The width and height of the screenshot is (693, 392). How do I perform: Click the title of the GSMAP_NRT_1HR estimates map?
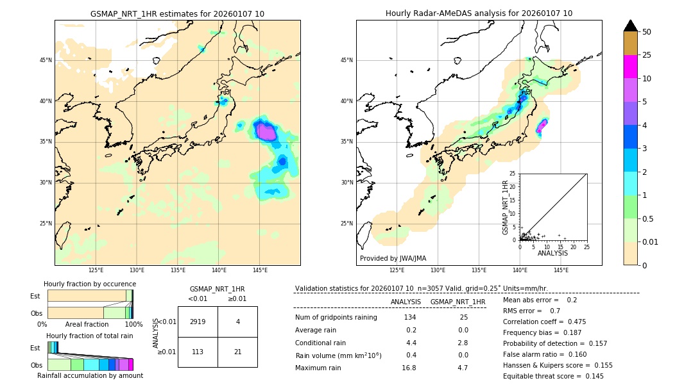[177, 13]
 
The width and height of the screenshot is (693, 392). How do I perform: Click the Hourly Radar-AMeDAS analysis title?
[479, 13]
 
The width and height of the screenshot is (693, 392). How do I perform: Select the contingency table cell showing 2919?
[198, 322]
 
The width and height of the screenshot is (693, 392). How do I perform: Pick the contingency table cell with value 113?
[198, 352]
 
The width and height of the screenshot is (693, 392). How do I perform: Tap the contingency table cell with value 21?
[237, 352]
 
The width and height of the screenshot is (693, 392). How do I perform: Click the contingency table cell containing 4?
[237, 322]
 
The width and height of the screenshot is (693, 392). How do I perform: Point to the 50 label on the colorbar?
[647, 32]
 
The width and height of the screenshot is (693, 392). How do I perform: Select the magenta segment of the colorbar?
[630, 67]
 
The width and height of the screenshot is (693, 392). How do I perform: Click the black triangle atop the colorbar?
[630, 26]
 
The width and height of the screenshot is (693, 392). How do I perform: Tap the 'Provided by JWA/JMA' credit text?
[393, 259]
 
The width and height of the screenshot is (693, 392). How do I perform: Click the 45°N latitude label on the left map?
[46, 60]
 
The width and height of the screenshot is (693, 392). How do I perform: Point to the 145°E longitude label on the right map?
[561, 270]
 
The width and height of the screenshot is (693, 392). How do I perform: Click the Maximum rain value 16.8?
[409, 368]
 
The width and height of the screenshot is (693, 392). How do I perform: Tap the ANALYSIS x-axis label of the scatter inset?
[552, 253]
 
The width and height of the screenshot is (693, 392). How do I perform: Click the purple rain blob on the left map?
[266, 132]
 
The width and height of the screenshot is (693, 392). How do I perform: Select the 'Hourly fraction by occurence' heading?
[90, 284]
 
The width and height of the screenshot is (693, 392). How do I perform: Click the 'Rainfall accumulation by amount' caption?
[90, 375]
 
